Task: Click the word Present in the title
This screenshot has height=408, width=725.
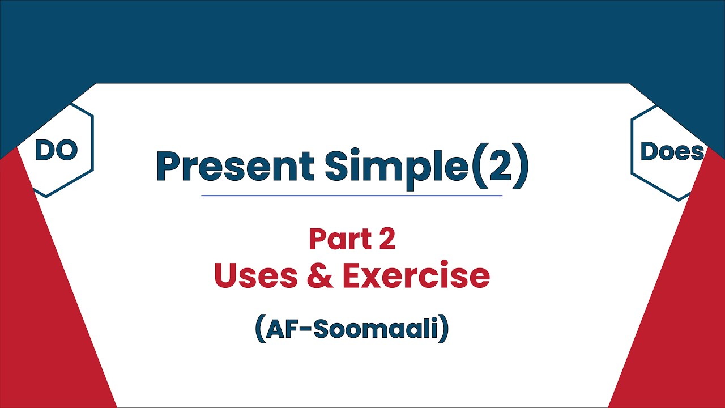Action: coord(235,165)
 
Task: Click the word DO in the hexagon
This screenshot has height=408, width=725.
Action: coord(57,150)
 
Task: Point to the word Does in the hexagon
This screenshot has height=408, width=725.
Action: coord(672,151)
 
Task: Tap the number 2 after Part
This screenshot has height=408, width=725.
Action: coord(387,239)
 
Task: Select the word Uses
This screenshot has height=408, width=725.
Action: coord(255,275)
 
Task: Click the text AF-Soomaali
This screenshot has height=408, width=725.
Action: coord(352,328)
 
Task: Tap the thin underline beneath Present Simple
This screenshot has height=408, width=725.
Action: coord(352,195)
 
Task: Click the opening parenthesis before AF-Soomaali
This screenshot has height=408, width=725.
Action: coord(260,328)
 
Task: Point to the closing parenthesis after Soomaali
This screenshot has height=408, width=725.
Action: coord(443,328)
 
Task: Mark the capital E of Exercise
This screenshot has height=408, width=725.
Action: coord(353,275)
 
